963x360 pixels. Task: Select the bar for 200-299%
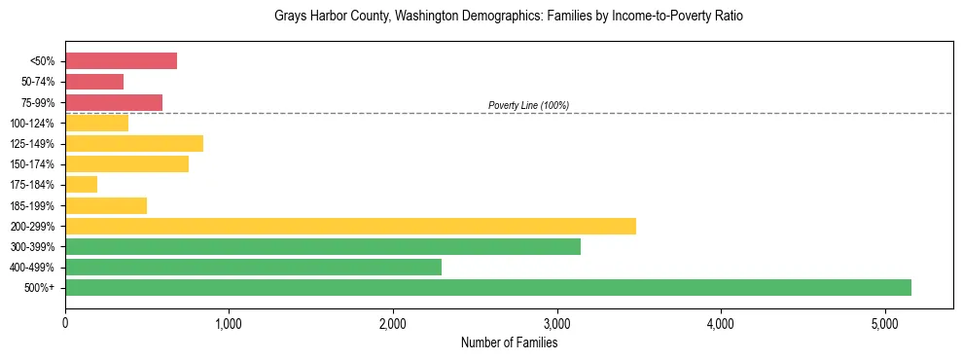coord(350,226)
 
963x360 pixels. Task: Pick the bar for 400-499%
coord(253,267)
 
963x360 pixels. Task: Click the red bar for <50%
coord(121,61)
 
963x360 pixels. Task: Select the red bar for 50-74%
coord(94,82)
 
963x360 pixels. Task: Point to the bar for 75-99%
coord(114,102)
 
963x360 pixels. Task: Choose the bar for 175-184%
coord(81,185)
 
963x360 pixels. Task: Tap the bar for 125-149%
coord(134,144)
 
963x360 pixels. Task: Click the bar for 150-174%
coord(126,164)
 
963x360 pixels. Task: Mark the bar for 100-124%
coord(96,124)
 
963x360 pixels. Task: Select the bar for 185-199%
coord(106,205)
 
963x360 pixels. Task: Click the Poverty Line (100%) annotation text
coord(528,105)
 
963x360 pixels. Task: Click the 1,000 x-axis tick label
coord(229,323)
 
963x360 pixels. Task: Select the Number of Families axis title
coord(509,342)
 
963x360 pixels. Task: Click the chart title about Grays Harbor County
coord(509,18)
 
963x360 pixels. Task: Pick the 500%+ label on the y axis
coord(40,288)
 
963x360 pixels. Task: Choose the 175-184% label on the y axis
coord(33,185)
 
